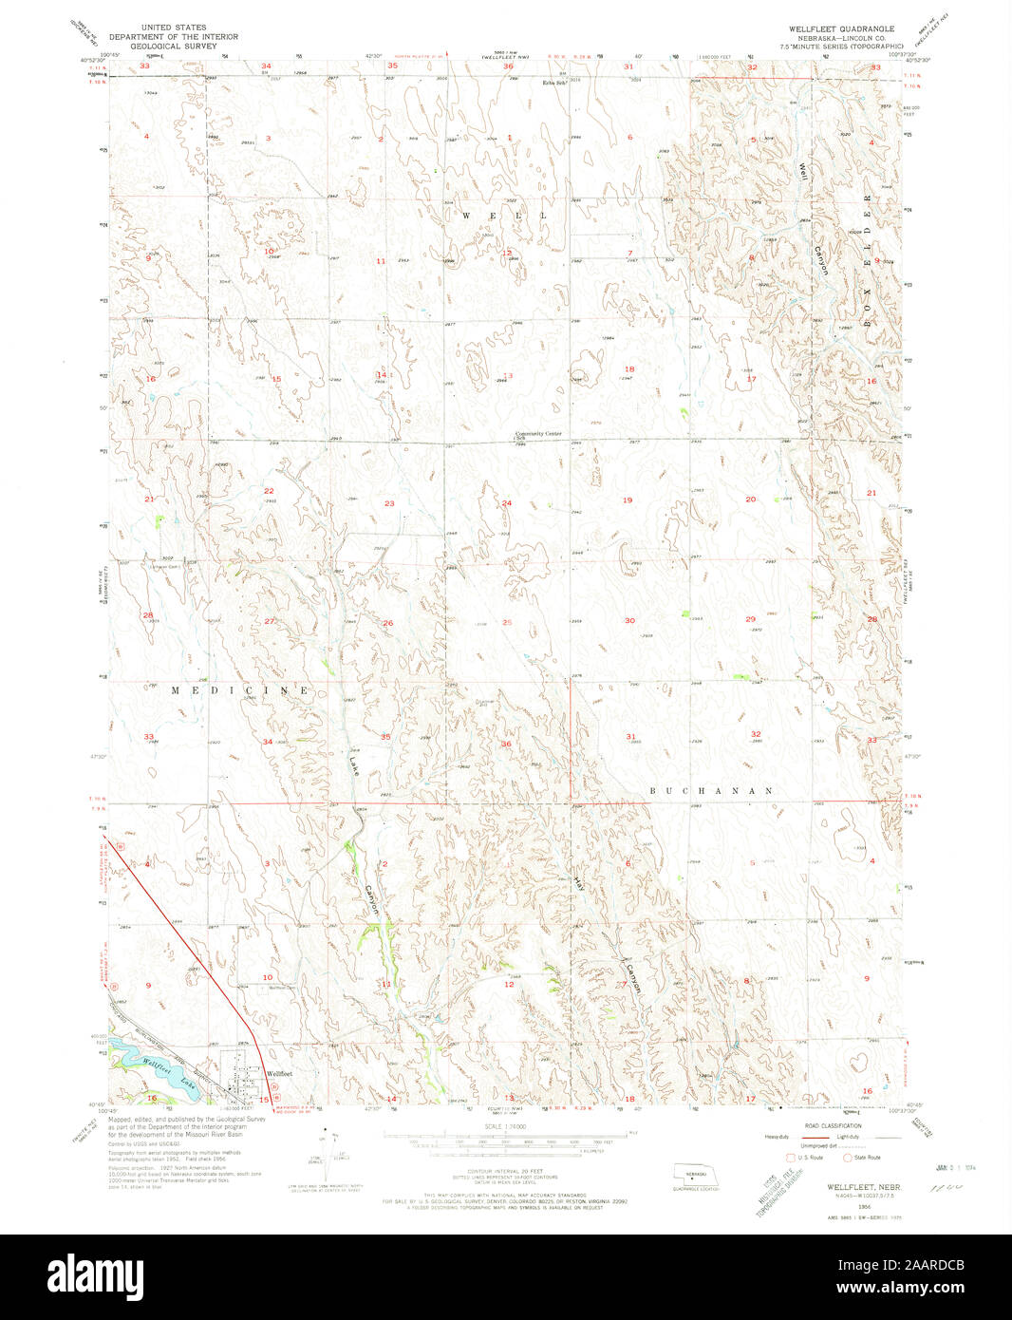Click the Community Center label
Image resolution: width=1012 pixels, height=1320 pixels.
(x=538, y=433)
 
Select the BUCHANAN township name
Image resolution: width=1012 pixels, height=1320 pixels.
(x=711, y=790)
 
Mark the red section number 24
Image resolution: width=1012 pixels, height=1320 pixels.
(x=506, y=503)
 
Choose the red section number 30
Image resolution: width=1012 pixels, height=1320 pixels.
(x=629, y=620)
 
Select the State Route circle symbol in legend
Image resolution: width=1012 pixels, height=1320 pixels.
(x=848, y=1157)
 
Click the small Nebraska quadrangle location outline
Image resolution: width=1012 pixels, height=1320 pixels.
(x=696, y=1173)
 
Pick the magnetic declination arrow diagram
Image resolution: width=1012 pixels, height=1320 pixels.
(x=336, y=1153)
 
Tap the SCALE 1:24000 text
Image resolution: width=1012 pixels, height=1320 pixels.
(x=507, y=1126)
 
